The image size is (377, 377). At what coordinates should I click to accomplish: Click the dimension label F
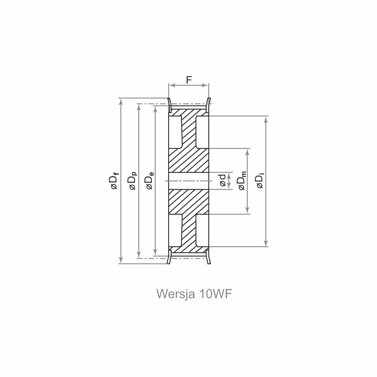pos(189,80)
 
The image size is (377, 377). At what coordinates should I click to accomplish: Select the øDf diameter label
pos(113,181)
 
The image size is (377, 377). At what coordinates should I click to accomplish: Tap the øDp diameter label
pos(132,181)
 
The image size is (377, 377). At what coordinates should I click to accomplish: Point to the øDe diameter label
pos(149,181)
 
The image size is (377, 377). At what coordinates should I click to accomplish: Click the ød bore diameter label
pos(222,181)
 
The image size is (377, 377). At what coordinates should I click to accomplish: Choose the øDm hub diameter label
pos(242,181)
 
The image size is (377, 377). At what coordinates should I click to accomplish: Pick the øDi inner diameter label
pos(260,181)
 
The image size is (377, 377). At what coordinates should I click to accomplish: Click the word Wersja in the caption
pos(175,294)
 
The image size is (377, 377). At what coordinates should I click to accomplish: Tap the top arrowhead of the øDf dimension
pos(121,101)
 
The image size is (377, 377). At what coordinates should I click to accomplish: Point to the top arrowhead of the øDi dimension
pos(267,119)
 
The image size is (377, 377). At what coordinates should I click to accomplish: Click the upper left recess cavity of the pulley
pos(175,132)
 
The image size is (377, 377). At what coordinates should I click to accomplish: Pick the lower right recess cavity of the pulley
pos(202,230)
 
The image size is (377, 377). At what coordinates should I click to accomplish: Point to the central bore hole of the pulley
pos(188,181)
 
